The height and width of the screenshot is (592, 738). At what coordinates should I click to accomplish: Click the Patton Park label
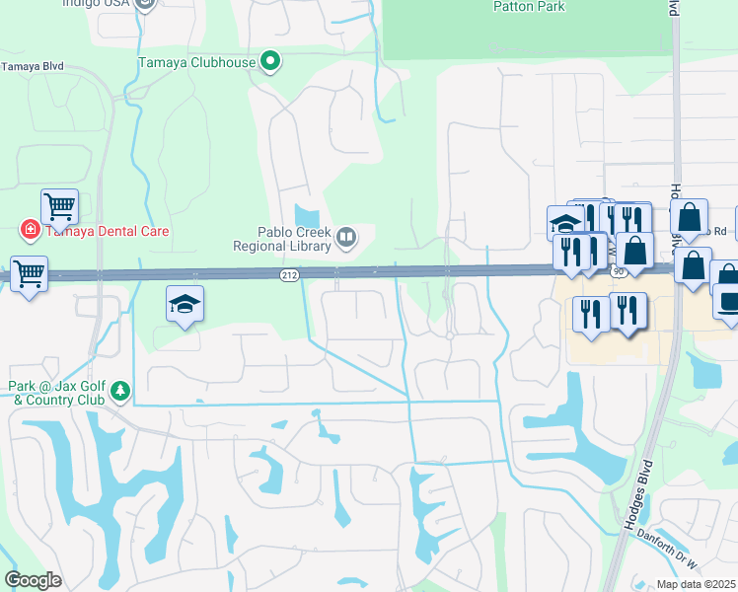[x=529, y=6]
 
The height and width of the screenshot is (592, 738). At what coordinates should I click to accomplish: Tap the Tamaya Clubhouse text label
[x=196, y=62]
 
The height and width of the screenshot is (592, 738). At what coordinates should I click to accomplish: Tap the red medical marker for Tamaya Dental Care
[x=30, y=231]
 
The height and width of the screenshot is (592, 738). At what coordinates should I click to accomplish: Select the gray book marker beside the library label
[x=346, y=237]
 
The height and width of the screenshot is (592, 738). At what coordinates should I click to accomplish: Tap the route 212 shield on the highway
[x=288, y=274]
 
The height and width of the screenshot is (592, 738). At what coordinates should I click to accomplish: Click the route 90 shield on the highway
[x=618, y=270]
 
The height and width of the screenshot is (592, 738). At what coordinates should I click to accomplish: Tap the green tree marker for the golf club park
[x=120, y=392]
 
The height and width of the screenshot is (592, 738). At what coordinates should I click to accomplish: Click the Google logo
[x=33, y=580]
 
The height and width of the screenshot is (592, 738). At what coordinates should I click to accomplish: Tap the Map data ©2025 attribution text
[x=696, y=584]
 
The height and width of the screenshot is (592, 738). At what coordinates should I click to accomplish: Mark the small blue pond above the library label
[x=308, y=216]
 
